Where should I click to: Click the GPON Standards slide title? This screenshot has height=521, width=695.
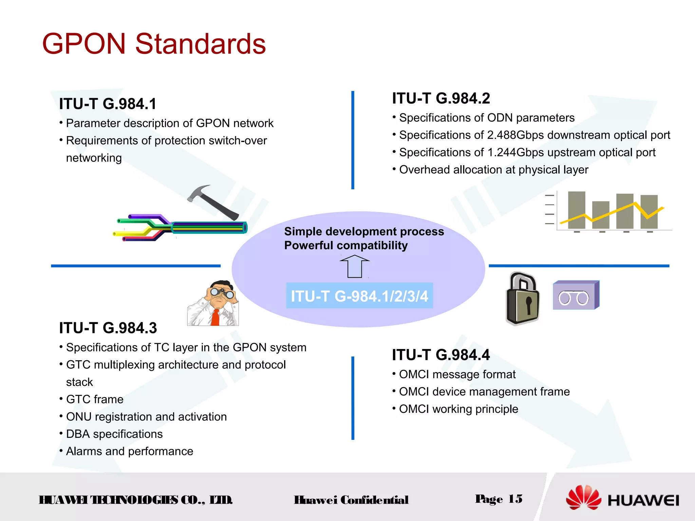click(154, 44)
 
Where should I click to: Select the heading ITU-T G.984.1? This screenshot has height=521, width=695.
click(108, 104)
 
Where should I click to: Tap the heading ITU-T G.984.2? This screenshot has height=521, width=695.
click(441, 98)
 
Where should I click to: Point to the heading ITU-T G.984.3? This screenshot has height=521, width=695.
click(108, 328)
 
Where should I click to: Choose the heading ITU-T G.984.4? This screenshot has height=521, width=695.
click(441, 355)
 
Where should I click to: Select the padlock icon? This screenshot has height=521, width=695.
click(523, 298)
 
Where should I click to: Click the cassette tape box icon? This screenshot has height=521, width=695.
click(576, 295)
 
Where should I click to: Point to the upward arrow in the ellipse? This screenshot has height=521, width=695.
click(355, 267)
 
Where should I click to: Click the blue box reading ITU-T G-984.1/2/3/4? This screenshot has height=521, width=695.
click(359, 296)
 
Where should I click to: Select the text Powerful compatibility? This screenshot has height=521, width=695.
click(346, 245)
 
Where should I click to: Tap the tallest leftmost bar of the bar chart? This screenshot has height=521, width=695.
click(577, 210)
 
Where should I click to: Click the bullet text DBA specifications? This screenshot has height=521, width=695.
click(114, 434)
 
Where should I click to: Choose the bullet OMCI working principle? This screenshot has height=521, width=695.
click(458, 409)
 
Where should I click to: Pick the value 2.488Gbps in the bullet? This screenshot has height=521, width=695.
click(515, 135)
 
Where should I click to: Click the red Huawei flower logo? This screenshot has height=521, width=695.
click(583, 497)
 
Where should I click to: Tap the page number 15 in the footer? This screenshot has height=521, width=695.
click(515, 499)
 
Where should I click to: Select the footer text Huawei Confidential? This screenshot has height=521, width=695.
click(351, 500)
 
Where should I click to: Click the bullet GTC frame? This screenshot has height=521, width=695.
click(95, 400)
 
